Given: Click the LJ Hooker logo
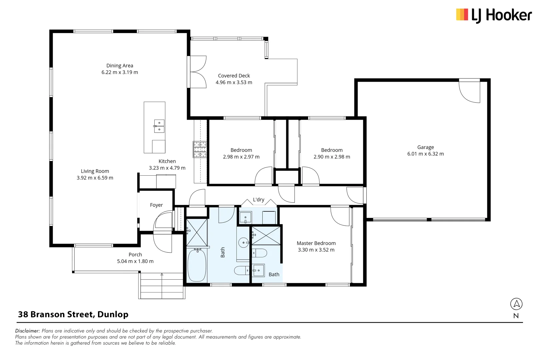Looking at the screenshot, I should point(494,15).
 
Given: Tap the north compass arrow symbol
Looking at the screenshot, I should point(516,304).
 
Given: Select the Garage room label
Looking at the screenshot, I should point(425,147).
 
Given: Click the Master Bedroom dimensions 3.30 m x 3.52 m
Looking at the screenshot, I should point(316,250).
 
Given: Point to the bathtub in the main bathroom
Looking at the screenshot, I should point(197,265).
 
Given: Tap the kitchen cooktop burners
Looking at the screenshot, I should point(200,149).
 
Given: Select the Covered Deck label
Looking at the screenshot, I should point(234,76).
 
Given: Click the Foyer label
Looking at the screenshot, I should point(156,205).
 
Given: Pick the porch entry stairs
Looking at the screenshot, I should point(162,286).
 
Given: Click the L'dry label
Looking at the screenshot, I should point(258,200).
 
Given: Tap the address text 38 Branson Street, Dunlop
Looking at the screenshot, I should point(73,314).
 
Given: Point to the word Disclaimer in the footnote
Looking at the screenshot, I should point(27,331).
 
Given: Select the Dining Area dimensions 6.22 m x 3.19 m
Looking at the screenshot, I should point(120,72).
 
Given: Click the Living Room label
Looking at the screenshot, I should point(95,171).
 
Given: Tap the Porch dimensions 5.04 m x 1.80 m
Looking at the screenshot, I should point(135,261).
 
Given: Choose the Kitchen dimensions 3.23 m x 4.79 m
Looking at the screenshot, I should point(167,168).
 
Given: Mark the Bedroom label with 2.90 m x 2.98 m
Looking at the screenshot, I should point(332,150).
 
